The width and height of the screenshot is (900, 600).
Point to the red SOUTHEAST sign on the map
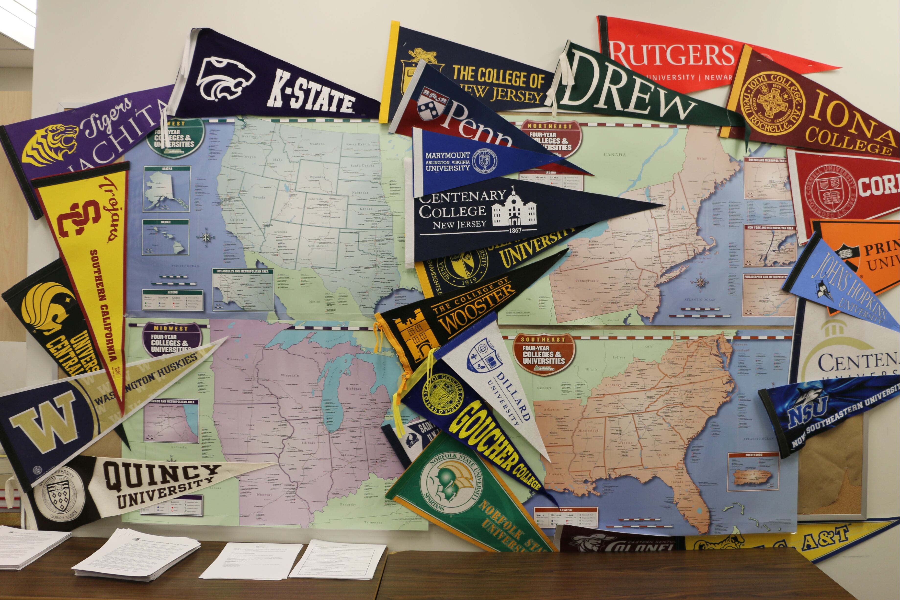pyautogui.click(x=543, y=354)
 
